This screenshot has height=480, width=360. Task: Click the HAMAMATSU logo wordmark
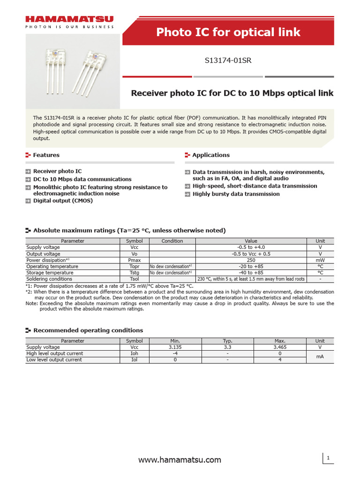tap(69, 20)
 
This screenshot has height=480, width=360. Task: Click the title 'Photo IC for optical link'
tap(228, 32)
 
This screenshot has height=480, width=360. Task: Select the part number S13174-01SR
tap(228, 60)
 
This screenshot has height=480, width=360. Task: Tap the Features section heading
tap(46, 155)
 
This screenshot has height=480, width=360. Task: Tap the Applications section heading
tap(211, 155)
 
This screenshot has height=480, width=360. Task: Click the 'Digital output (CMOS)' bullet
tap(63, 201)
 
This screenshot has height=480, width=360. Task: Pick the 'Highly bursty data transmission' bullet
tap(236, 194)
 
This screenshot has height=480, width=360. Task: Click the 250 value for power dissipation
tap(251, 260)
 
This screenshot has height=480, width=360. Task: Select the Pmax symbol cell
tap(134, 260)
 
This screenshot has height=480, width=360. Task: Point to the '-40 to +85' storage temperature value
tap(251, 272)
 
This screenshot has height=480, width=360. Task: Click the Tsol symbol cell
tap(134, 279)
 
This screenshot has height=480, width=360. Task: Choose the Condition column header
tap(172, 241)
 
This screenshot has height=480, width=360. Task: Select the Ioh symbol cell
tap(134, 353)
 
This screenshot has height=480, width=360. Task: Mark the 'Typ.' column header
tap(227, 341)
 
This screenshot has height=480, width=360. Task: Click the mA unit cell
tap(320, 357)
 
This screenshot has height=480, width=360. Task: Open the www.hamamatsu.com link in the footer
tap(180, 460)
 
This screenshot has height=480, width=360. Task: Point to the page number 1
tap(329, 457)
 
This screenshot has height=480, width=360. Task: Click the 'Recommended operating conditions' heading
tap(88, 330)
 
